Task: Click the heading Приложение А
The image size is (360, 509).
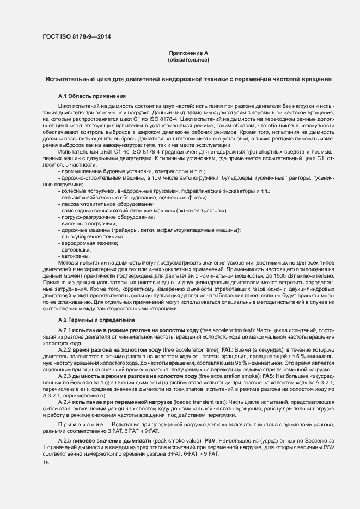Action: (x=188, y=53)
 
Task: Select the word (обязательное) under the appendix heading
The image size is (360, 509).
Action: (x=188, y=59)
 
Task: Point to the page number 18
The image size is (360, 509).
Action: (x=46, y=462)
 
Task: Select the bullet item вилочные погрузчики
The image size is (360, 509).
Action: (x=89, y=223)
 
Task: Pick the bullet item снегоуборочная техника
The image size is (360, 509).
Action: (x=93, y=237)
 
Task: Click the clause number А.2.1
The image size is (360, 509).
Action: (x=65, y=331)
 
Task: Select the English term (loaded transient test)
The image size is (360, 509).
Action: (x=196, y=402)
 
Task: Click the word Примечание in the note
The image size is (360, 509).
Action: (x=79, y=424)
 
